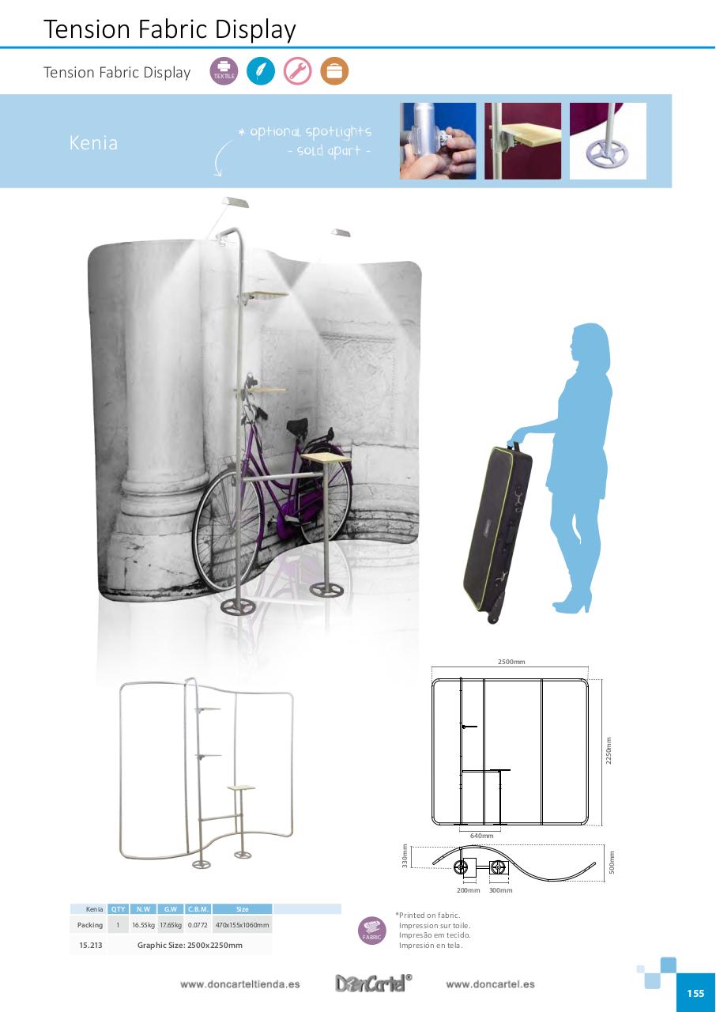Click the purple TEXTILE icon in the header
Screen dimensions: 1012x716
(224, 71)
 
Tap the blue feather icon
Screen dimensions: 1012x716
(261, 71)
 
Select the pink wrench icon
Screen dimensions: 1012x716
(298, 71)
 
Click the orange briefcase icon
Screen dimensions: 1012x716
(334, 71)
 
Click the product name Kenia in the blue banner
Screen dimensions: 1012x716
(93, 143)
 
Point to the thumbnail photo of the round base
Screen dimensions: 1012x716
(608, 141)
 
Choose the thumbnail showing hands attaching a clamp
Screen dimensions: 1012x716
(438, 141)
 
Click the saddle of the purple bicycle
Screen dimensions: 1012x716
(297, 427)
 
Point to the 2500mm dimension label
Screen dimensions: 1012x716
(511, 662)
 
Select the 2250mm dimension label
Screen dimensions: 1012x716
(609, 752)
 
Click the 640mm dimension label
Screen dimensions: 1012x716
(481, 836)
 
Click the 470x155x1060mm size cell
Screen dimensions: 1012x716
(242, 925)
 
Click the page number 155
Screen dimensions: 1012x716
(695, 994)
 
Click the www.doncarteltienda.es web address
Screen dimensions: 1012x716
(240, 984)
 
